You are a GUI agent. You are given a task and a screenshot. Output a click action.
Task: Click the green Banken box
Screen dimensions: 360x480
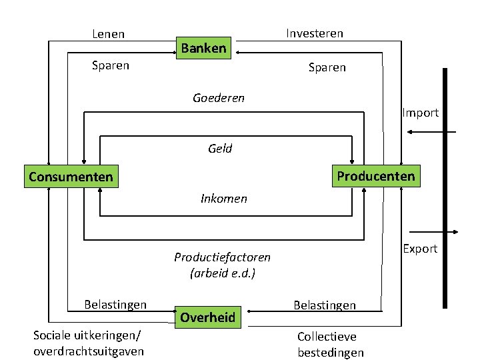[203, 48]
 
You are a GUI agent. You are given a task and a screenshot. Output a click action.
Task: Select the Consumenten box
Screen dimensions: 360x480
[70, 177]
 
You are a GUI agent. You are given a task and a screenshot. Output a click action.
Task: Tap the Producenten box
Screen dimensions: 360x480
[375, 176]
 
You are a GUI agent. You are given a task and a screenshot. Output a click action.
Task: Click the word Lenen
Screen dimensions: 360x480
[109, 33]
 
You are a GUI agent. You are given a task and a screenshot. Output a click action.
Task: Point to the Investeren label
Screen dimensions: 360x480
[315, 33]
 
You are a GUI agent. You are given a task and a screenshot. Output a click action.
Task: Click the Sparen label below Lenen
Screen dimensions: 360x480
[110, 65]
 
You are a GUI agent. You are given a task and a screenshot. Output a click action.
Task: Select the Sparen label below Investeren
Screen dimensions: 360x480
[327, 67]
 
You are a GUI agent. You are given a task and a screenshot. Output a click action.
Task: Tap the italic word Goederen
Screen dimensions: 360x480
[219, 98]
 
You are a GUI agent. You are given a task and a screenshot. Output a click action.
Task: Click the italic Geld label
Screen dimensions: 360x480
[220, 149]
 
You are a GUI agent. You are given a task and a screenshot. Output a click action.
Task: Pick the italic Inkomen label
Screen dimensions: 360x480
[224, 198]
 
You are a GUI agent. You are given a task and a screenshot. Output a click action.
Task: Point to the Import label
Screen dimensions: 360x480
[420, 113]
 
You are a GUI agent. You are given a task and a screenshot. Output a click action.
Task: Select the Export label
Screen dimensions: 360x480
[420, 249]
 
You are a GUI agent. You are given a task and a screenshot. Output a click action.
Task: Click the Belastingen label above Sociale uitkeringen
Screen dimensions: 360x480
[115, 305]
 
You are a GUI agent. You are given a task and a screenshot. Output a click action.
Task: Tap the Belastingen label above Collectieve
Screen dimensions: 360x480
[325, 305]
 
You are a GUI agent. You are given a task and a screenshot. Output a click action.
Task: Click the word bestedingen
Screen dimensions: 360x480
[331, 352]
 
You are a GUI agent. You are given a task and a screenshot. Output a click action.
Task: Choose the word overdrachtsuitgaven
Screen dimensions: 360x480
[88, 351]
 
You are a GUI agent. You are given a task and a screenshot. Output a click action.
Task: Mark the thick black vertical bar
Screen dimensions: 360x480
[445, 187]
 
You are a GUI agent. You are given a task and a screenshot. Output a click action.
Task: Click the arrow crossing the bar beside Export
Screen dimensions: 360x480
[433, 233]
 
